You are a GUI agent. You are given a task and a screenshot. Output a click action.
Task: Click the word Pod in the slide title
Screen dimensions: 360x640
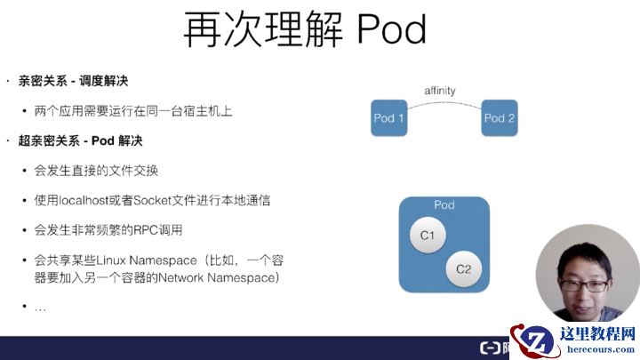[x=391, y=31]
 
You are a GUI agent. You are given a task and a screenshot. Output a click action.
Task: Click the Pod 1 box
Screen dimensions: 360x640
[x=388, y=118]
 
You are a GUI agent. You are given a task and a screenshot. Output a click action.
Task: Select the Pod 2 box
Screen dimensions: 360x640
[x=500, y=118]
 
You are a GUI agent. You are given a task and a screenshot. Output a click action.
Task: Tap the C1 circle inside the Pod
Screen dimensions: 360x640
[x=427, y=235]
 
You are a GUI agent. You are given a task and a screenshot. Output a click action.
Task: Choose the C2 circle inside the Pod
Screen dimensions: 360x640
[x=462, y=268]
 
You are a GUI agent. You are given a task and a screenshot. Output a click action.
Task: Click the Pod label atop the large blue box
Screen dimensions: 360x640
[x=444, y=205]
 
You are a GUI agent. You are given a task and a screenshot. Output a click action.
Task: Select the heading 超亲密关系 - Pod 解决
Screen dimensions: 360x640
[x=80, y=140]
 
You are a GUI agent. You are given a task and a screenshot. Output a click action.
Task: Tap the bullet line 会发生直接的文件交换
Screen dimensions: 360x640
[x=96, y=171]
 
